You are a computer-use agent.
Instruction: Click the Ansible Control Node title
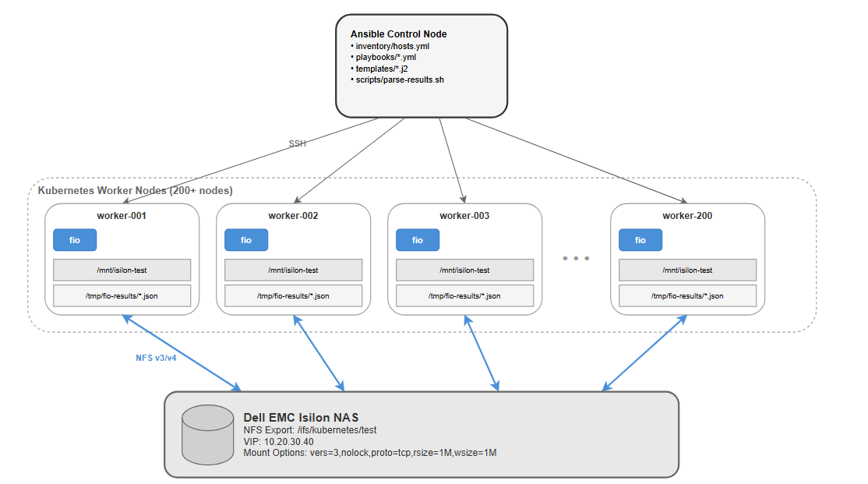coord(399,34)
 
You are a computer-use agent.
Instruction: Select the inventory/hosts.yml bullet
coord(390,46)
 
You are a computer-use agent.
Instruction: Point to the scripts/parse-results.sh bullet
coord(397,79)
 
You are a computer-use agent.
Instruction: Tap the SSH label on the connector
coord(298,143)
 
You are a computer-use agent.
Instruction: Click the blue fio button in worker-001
coord(75,240)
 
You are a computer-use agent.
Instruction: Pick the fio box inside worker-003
coord(418,240)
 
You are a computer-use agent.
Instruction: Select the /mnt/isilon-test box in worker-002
coord(294,270)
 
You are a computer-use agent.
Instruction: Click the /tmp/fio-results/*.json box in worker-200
coord(687,295)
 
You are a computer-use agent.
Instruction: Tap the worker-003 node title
coord(464,215)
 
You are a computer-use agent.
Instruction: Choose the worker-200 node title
coord(687,215)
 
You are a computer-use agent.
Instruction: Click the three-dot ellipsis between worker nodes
coord(576,259)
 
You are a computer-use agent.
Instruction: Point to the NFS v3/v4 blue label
coord(156,358)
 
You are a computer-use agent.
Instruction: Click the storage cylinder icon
coord(207,435)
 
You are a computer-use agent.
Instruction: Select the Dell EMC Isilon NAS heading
coord(301,418)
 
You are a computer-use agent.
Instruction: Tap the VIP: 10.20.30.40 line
coord(278,442)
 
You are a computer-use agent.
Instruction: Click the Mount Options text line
coord(370,453)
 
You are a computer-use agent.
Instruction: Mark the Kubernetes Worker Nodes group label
coord(135,190)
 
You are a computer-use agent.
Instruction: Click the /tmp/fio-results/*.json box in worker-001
coord(122,295)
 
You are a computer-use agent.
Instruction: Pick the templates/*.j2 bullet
coord(379,69)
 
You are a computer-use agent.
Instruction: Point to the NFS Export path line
coord(310,430)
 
